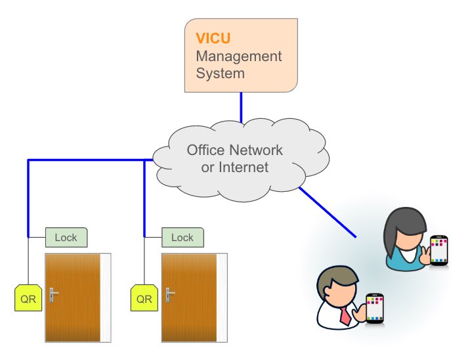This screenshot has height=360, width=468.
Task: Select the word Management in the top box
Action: pos(239,56)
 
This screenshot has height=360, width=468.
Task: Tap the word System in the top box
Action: pos(221,73)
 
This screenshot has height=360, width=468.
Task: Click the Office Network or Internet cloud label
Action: pos(235,158)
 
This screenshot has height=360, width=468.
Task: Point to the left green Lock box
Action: pos(66,236)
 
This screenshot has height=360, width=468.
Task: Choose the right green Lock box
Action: pos(182,236)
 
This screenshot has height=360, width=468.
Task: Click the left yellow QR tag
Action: pos(28,298)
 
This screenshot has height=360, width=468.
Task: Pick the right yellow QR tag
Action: pos(144,298)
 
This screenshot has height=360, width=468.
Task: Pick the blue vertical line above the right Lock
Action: pos(144,197)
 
